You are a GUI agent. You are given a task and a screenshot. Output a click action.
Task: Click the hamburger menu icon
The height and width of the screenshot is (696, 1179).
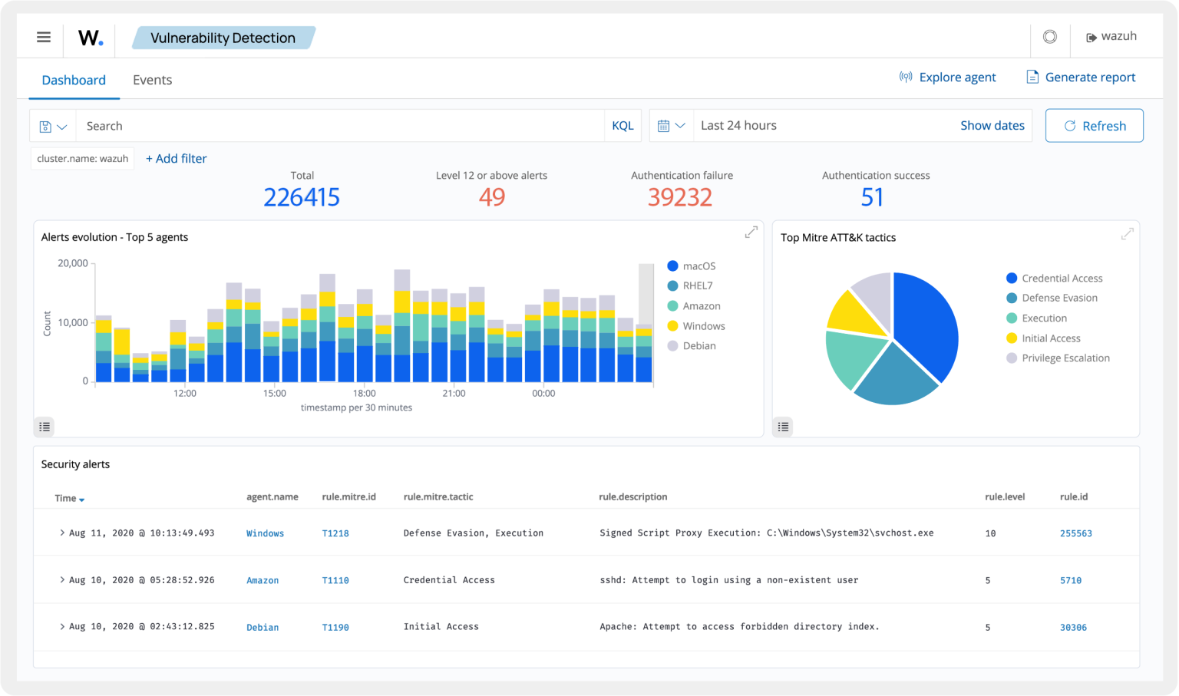[44, 37]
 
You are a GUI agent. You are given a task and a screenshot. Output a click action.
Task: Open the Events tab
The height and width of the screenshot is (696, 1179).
[152, 80]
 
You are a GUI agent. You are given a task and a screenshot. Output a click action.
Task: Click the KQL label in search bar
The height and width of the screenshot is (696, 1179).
[623, 126]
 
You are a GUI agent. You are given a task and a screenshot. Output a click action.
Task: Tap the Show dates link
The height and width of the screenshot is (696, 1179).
[992, 125]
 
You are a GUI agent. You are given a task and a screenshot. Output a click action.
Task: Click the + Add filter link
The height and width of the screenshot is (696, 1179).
[177, 158]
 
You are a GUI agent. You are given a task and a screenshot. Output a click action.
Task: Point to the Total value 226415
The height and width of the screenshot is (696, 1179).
[302, 197]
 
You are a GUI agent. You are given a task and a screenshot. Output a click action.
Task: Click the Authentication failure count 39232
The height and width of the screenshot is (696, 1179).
[680, 197]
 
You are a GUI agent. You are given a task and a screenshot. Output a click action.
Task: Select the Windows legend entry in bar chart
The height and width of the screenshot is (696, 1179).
[703, 326]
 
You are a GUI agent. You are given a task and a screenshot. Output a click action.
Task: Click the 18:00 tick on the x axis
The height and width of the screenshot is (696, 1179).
[365, 393]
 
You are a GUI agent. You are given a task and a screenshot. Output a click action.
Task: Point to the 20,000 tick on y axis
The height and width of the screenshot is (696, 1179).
[73, 263]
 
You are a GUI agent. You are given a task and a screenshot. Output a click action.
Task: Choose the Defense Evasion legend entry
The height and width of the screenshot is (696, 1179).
[1059, 298]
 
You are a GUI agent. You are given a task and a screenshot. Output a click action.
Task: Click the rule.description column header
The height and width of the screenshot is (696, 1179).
[632, 496]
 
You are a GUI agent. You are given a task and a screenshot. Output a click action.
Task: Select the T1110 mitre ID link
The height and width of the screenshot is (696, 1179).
[335, 580]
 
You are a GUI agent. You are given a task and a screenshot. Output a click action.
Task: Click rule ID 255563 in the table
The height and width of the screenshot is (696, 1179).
[1075, 533]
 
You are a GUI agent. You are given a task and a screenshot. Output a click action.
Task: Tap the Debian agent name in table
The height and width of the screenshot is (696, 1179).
[263, 627]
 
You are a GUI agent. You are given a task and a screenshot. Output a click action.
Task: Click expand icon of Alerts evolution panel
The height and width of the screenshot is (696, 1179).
[751, 233]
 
